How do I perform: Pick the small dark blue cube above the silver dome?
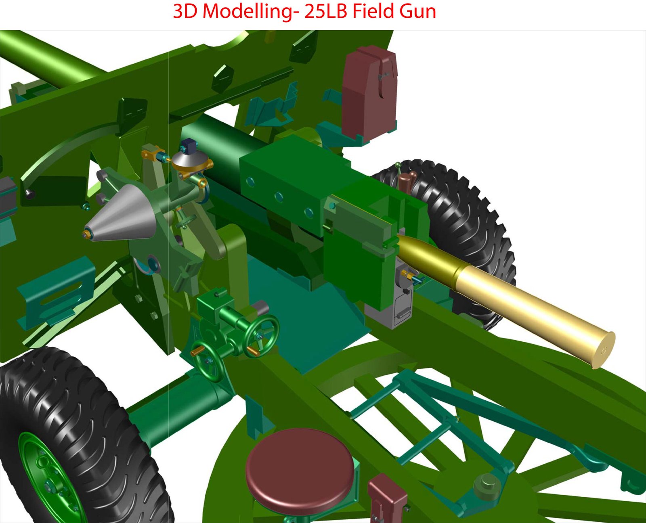[190, 146]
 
